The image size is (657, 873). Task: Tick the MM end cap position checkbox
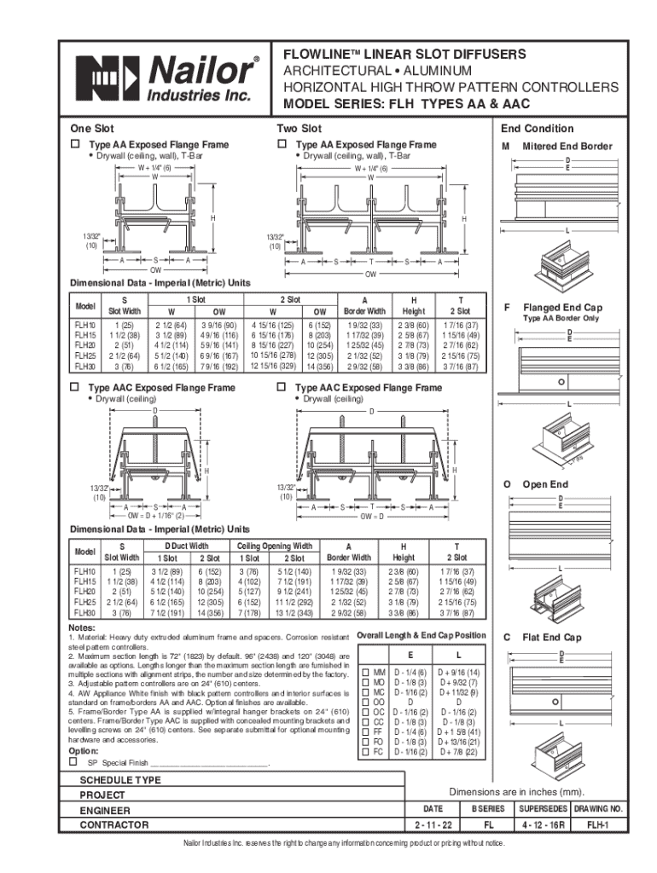click(367, 673)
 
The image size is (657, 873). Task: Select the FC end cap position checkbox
click(367, 751)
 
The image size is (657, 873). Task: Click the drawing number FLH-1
click(602, 824)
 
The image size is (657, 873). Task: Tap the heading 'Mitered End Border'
click(567, 146)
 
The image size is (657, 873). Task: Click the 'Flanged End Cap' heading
click(562, 308)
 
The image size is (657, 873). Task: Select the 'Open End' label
click(545, 483)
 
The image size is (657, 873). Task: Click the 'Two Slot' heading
click(299, 129)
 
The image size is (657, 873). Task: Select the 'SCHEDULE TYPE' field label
click(120, 780)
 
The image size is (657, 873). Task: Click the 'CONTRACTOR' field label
click(114, 824)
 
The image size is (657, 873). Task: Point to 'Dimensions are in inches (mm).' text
click(516, 790)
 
